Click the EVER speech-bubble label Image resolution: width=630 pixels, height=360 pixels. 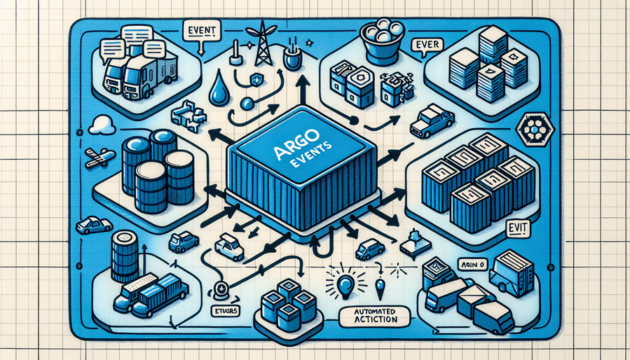[427, 46]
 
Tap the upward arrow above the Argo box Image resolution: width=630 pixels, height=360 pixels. [302, 90]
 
